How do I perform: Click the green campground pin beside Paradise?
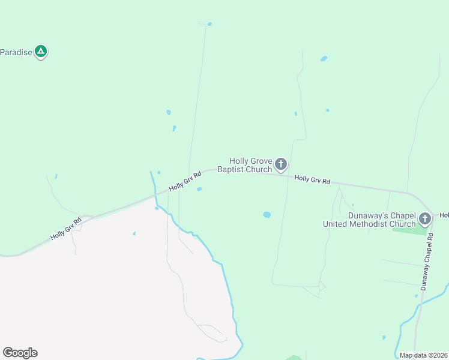[x=41, y=52]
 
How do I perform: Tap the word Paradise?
[x=16, y=52]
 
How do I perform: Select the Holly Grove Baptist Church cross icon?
[x=280, y=164]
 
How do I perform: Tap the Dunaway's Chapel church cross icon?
[x=425, y=218]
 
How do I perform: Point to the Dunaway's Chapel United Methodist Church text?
[x=369, y=220]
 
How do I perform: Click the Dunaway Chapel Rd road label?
[x=427, y=262]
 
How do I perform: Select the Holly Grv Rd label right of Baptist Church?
[x=312, y=179]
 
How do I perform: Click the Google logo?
[x=20, y=353]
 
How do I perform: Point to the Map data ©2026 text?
[x=424, y=355]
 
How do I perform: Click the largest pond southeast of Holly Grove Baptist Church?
[x=267, y=214]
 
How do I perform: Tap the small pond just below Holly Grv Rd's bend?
[x=199, y=189]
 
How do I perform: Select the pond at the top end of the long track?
[x=209, y=24]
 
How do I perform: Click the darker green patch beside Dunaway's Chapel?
[x=409, y=230]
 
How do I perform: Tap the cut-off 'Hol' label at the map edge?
[x=444, y=215]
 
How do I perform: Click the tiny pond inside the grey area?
[x=134, y=233]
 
